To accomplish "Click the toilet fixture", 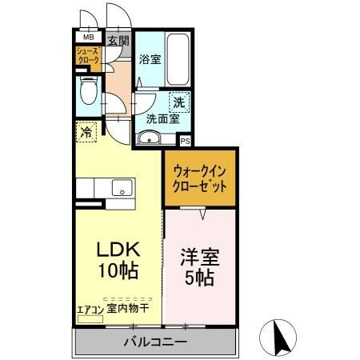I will (x=89, y=94).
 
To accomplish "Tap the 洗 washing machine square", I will (x=180, y=102).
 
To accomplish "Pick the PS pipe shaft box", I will (x=185, y=142).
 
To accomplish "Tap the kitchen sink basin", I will (x=122, y=189).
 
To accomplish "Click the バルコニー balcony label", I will (x=155, y=343).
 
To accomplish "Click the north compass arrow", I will (x=281, y=334).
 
